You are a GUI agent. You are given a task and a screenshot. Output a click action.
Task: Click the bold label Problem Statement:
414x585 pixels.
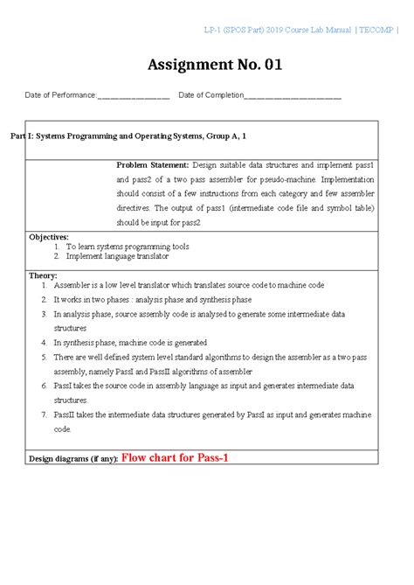153,164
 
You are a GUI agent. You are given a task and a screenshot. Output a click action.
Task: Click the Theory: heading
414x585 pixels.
43,275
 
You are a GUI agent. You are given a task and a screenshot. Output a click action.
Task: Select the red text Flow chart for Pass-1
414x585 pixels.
175,456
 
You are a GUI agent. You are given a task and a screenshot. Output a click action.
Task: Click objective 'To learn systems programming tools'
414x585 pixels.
128,247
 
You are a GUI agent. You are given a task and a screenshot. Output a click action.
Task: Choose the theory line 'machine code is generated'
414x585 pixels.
130,343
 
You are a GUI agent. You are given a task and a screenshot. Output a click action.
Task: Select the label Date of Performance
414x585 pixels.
59,95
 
